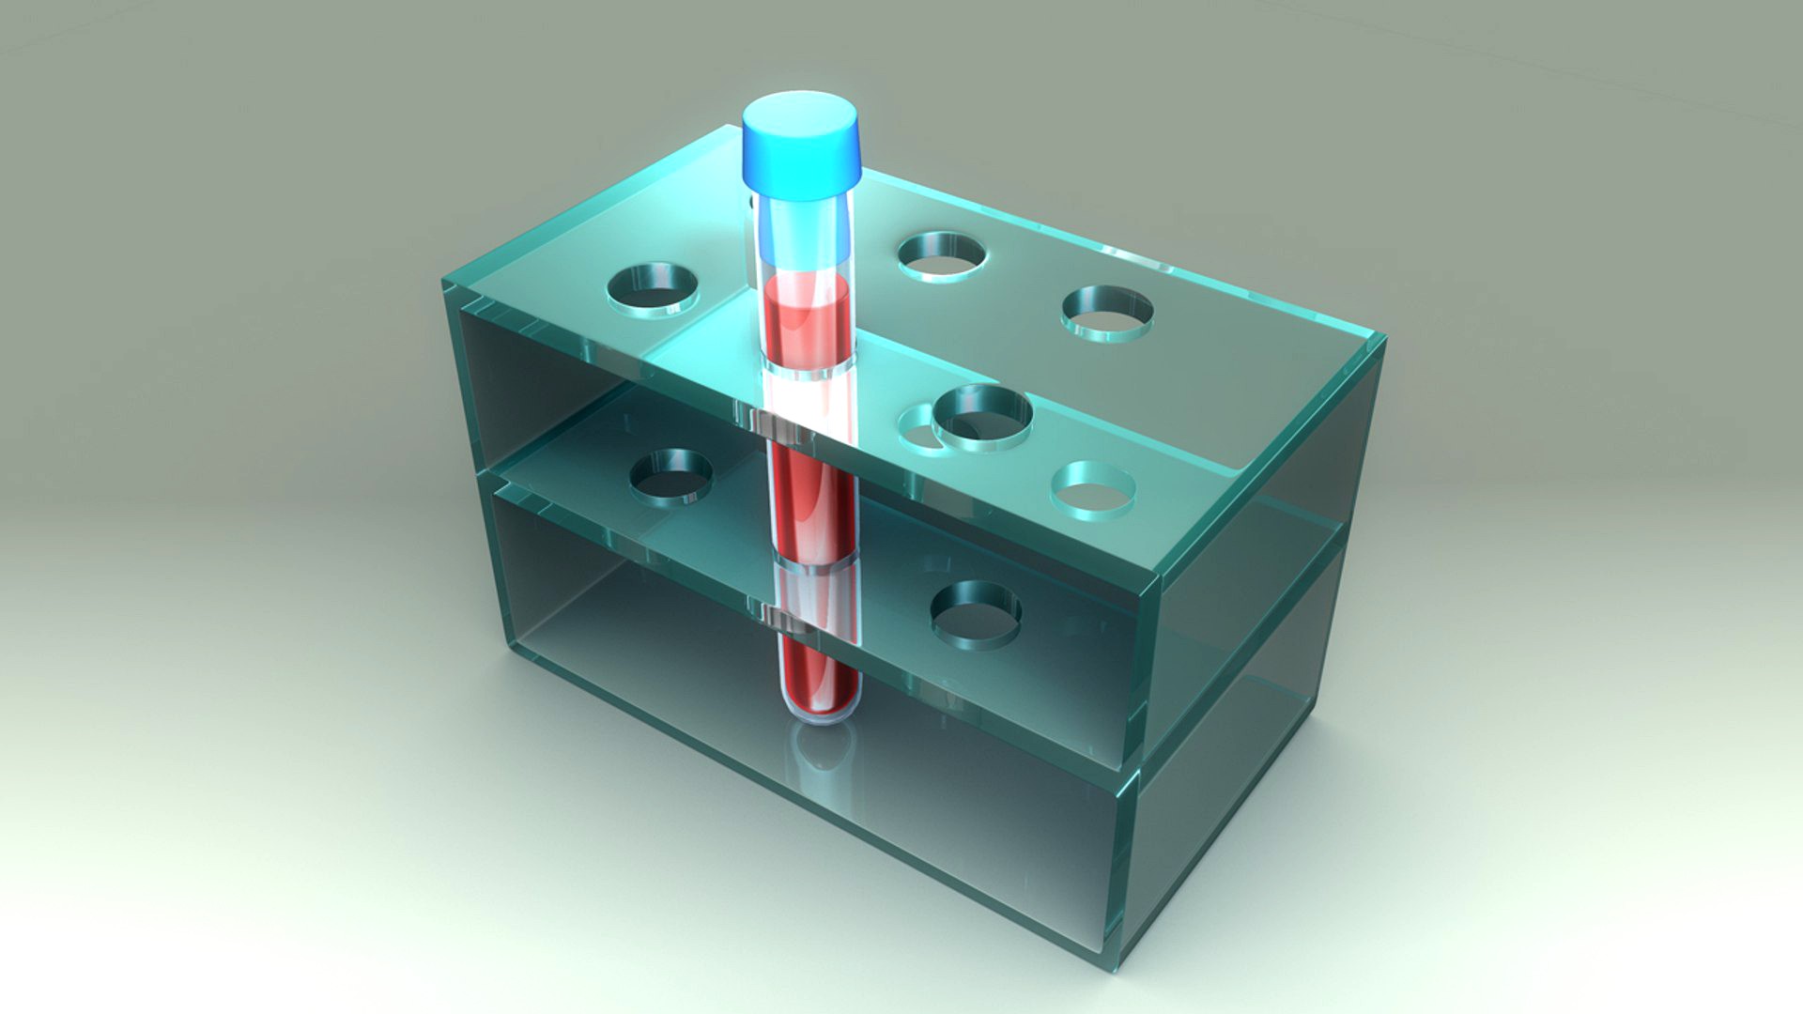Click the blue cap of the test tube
801,146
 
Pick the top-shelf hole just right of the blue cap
941,255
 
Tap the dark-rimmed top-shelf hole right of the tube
982,416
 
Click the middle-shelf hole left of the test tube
670,475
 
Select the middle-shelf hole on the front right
976,612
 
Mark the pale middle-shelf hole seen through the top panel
1092,489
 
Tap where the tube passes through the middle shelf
813,563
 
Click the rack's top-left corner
444,280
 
